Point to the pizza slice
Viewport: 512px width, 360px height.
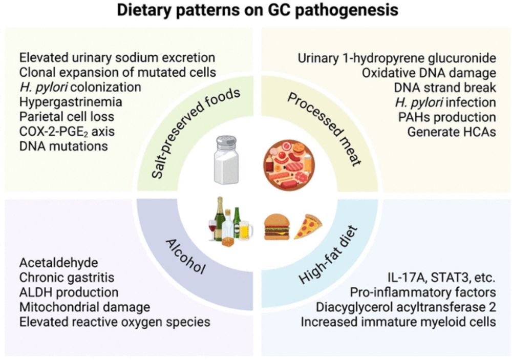[x=308, y=227]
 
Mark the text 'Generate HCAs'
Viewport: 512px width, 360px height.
[x=452, y=132]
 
